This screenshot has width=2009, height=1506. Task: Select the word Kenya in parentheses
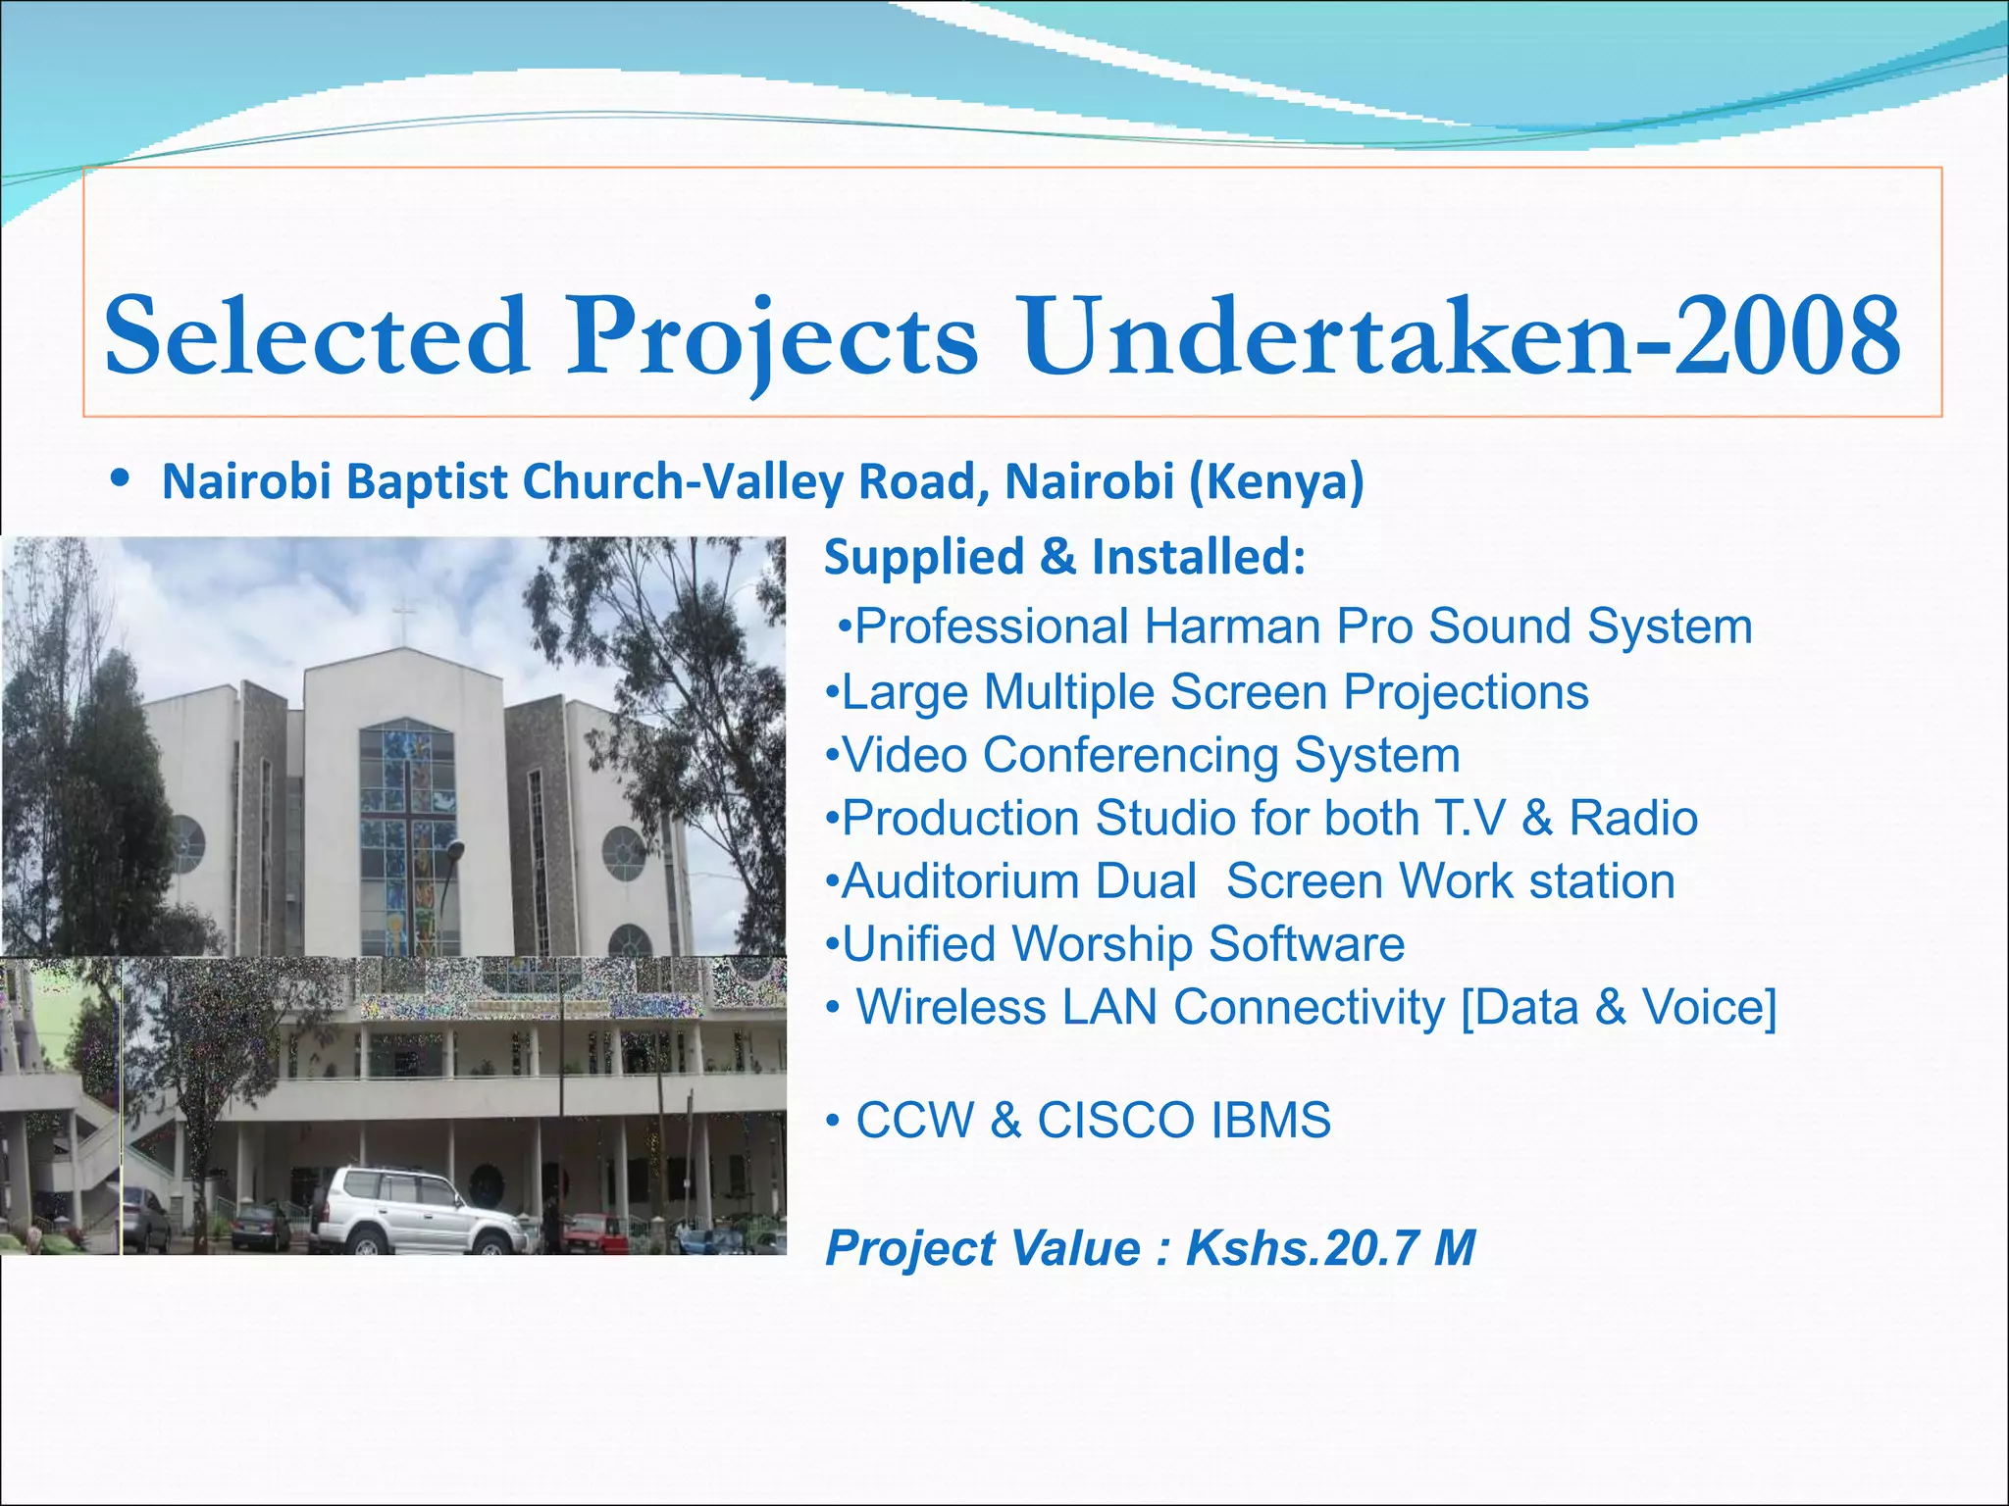(x=1277, y=482)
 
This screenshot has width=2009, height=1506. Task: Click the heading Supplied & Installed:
(x=1064, y=557)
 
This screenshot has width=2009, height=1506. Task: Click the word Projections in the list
(x=1466, y=692)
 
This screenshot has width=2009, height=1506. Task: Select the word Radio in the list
(x=1633, y=819)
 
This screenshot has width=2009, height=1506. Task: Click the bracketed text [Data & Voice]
(x=1619, y=1007)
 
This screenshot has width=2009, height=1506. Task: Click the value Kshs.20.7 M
(x=1330, y=1248)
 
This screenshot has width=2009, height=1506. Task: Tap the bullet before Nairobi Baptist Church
(x=120, y=480)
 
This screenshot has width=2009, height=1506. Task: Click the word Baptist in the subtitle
(x=427, y=482)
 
